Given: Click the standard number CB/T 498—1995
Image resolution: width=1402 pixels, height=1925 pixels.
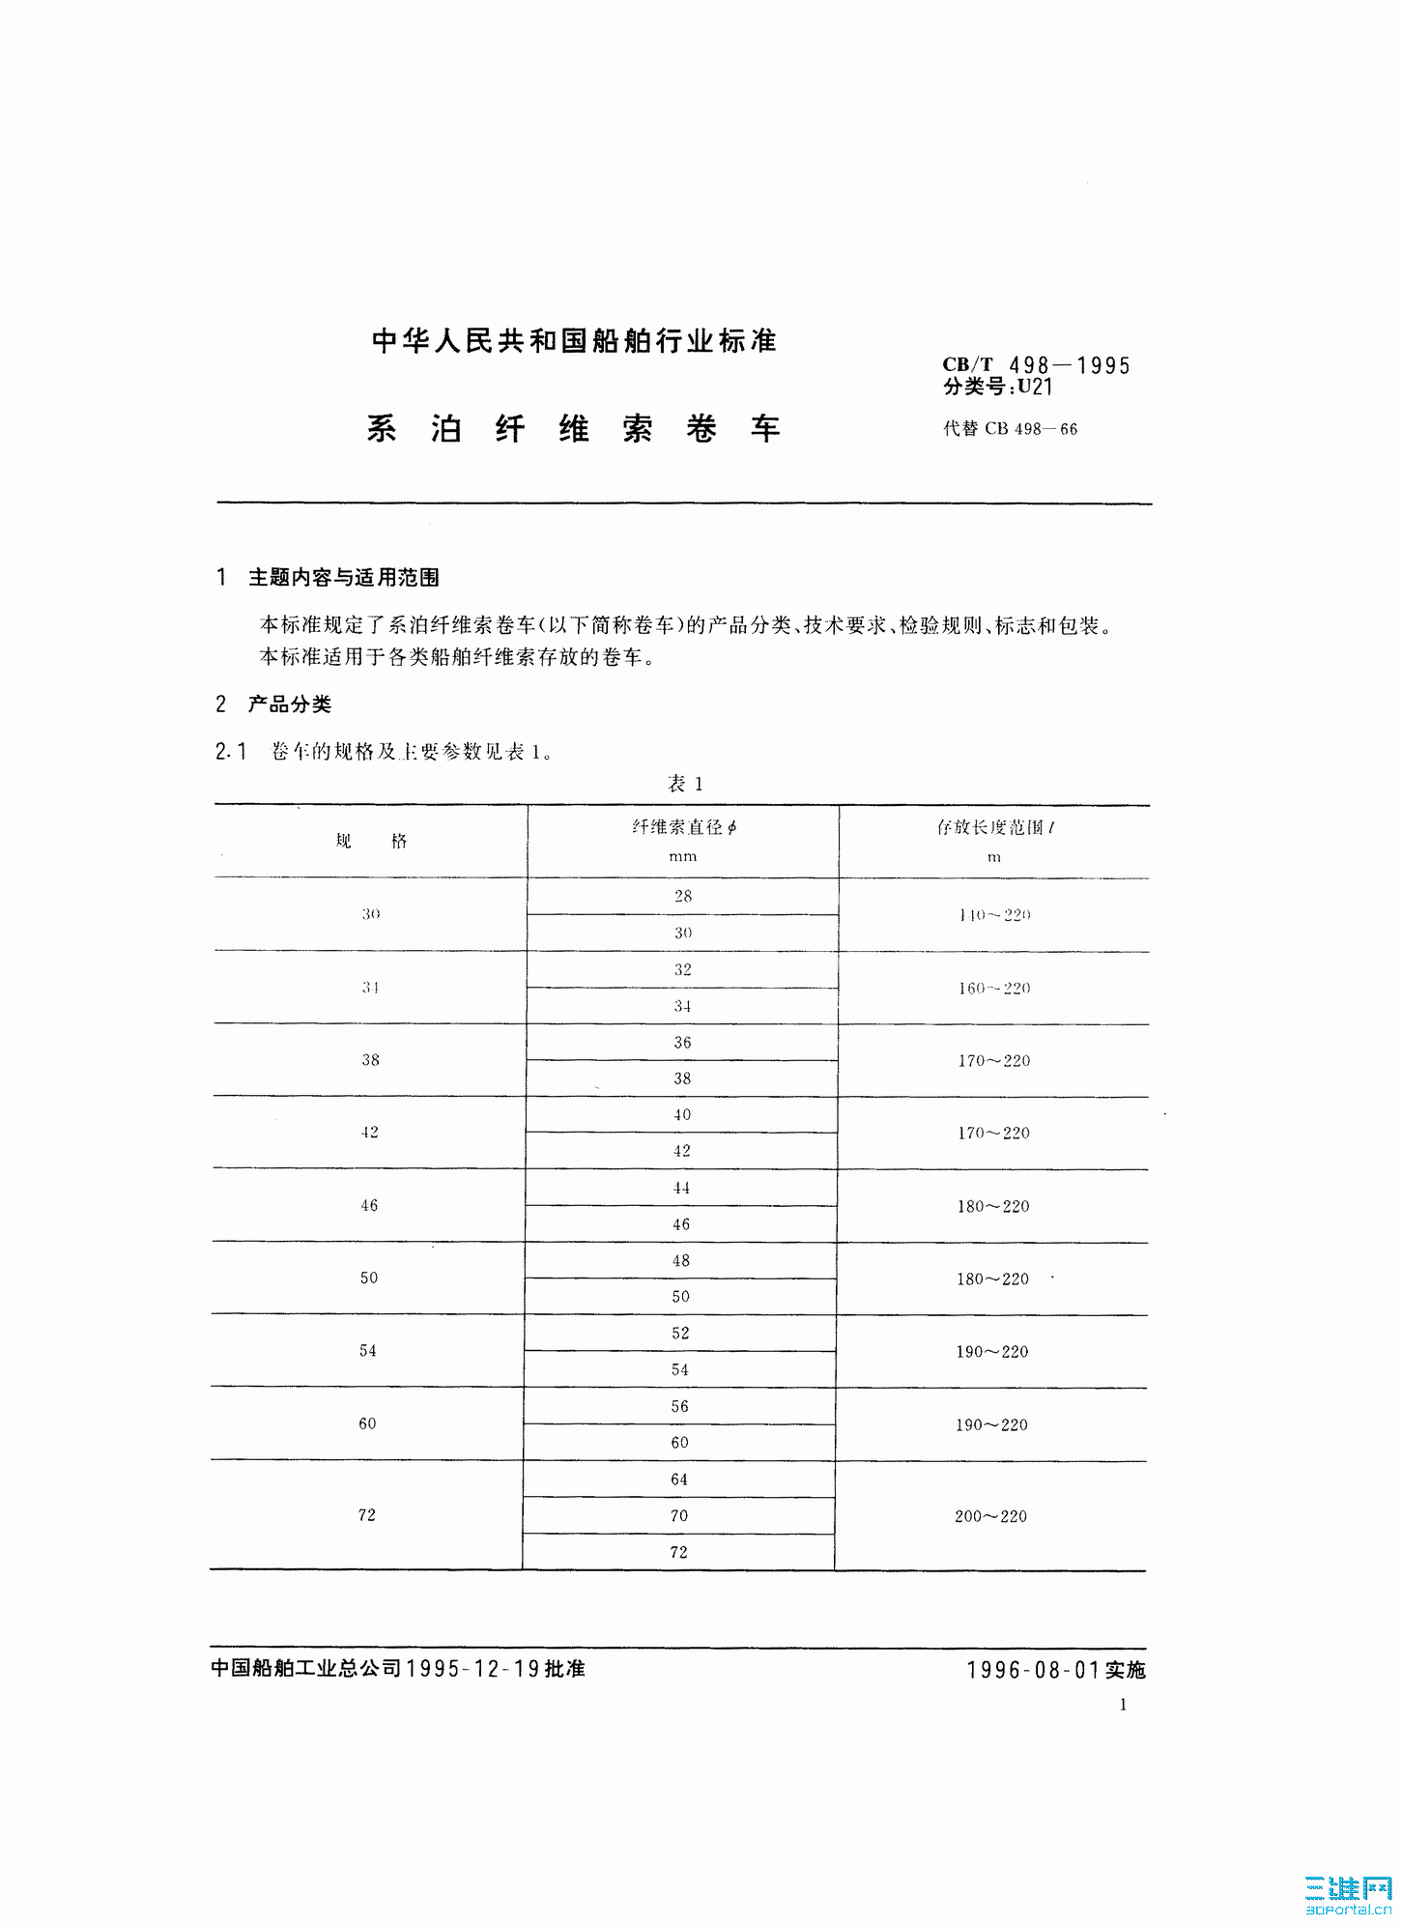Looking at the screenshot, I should coord(1036,365).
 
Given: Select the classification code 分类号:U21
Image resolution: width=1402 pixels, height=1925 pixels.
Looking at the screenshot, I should coord(997,388).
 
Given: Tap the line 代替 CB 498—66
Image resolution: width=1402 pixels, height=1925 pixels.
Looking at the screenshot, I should coord(1010,429).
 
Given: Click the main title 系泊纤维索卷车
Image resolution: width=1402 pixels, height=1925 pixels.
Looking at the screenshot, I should coord(573,429).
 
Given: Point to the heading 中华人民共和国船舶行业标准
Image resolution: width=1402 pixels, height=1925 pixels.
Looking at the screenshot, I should coord(574,341).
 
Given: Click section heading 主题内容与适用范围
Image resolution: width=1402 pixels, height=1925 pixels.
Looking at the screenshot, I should coord(343,578).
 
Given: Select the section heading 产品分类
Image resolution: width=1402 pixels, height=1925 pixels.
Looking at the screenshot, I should coord(289,704).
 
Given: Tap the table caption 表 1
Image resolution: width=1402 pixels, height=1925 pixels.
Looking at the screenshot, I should coord(684,784).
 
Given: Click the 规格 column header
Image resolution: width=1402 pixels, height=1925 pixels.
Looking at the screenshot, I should coord(371,842).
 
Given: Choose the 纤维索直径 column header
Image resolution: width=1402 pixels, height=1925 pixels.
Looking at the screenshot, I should coord(683,827).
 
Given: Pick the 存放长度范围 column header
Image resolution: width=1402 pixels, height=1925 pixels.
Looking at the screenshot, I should coord(994,827).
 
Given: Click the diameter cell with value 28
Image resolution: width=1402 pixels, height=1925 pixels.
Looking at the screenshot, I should coord(683,897).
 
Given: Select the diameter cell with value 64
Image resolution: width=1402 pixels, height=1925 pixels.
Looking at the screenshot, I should coord(679,1480).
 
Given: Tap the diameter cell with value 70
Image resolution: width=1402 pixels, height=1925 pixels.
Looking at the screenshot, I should coord(679,1516).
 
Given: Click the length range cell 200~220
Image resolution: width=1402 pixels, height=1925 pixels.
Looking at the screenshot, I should coord(990,1516).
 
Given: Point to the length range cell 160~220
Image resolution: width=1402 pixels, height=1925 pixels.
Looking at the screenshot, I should coord(994,989).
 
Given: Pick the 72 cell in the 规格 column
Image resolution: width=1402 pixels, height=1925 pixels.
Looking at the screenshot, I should coord(367,1515).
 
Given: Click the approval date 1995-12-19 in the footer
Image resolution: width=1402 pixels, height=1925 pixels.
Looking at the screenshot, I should coord(473,1669).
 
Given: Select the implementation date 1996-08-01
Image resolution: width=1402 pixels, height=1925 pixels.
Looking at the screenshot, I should coord(1034,1670).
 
